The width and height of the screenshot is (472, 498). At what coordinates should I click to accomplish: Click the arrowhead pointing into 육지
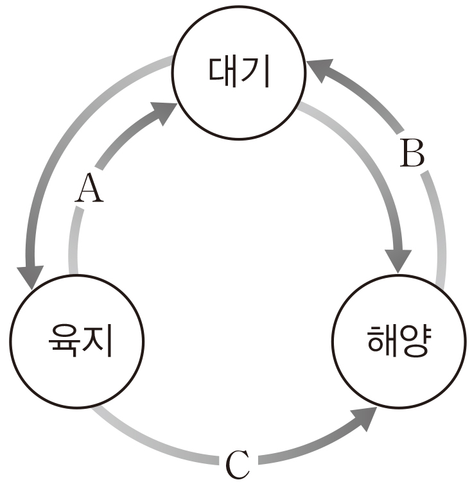point(30,277)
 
